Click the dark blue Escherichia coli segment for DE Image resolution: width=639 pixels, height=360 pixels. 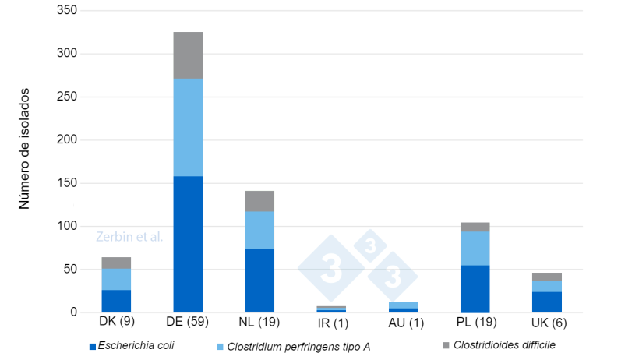[x=188, y=244]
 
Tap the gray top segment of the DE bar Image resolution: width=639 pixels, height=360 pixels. [x=188, y=55]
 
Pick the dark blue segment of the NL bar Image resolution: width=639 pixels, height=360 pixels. [x=259, y=281]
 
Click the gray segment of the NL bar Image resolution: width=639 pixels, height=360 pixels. [x=259, y=201]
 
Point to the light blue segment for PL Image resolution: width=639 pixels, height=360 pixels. [x=475, y=249]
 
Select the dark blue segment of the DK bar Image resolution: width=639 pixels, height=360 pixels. [x=116, y=301]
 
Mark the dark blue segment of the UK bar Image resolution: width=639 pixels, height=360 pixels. [x=546, y=302]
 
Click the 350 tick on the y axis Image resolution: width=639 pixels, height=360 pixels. [x=69, y=11]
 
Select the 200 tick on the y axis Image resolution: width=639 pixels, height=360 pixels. [x=69, y=140]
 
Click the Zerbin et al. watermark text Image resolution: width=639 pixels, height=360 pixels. [x=129, y=237]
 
